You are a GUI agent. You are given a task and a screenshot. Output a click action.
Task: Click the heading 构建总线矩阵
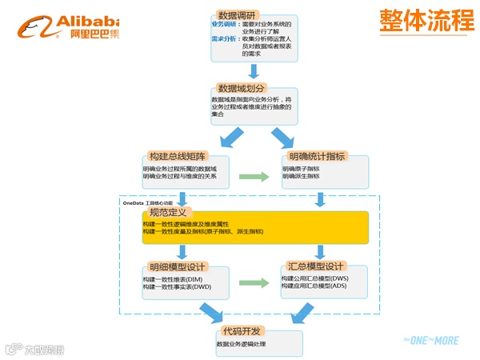178,157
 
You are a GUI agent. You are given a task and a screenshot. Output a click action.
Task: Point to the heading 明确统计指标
317,157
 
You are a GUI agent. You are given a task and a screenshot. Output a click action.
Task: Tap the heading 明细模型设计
178,266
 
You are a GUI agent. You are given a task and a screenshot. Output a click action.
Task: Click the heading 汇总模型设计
317,266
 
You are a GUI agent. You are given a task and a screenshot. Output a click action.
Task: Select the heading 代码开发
244,330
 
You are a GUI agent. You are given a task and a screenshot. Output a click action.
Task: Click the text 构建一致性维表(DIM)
172,278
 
